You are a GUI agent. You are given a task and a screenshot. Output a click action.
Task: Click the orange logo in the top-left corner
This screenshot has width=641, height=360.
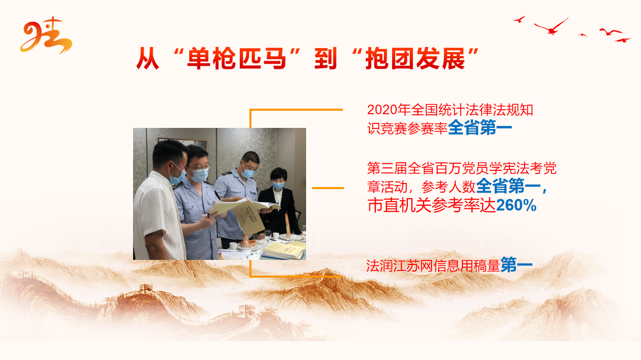(x=46, y=36)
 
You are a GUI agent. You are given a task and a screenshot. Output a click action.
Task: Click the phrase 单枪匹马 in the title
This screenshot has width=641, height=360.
(x=236, y=59)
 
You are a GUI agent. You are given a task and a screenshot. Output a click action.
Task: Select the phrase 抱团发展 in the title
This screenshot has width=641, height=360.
(x=415, y=59)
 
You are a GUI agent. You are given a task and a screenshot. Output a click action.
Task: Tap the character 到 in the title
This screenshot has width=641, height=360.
(x=326, y=59)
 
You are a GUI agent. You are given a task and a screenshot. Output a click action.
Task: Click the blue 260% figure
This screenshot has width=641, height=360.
(x=516, y=205)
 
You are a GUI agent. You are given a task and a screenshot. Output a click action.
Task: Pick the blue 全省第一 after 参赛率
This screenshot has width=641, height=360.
(x=480, y=128)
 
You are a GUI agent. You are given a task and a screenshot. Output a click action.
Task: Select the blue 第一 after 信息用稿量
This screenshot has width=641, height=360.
(x=517, y=265)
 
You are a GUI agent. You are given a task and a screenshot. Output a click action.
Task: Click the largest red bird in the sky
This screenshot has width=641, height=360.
(x=551, y=27)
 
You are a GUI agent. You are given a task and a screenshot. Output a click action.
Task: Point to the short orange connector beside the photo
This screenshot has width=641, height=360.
(x=328, y=188)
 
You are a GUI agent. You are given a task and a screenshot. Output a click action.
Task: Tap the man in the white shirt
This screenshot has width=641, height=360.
(x=160, y=200)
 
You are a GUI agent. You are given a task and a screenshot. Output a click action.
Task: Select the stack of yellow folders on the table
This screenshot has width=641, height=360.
(x=284, y=250)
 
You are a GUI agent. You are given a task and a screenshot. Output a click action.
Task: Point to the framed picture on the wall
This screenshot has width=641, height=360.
(x=182, y=143)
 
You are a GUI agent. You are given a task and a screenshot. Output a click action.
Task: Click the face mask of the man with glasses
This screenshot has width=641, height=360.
(x=199, y=175)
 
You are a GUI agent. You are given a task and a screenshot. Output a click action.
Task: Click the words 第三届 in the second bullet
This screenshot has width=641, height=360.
(x=387, y=168)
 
